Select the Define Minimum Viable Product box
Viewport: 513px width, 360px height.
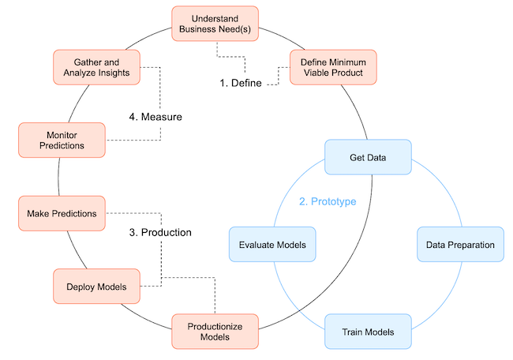click(333, 67)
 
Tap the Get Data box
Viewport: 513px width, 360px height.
click(368, 158)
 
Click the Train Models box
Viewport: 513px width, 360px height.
click(368, 331)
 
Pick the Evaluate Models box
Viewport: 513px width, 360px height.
click(272, 245)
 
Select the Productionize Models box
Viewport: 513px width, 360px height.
click(215, 331)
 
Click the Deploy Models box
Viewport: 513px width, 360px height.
click(96, 286)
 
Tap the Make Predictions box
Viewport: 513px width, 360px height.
click(62, 213)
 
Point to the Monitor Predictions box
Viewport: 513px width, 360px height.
click(62, 139)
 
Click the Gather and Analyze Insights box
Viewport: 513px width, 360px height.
click(96, 67)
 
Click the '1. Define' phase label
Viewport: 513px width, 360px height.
click(241, 83)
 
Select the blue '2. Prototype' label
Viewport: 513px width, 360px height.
click(328, 201)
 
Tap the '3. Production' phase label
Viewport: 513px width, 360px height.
click(160, 233)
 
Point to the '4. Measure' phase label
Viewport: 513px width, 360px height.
click(155, 117)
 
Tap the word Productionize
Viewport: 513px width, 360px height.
click(215, 325)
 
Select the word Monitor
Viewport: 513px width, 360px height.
click(62, 133)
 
